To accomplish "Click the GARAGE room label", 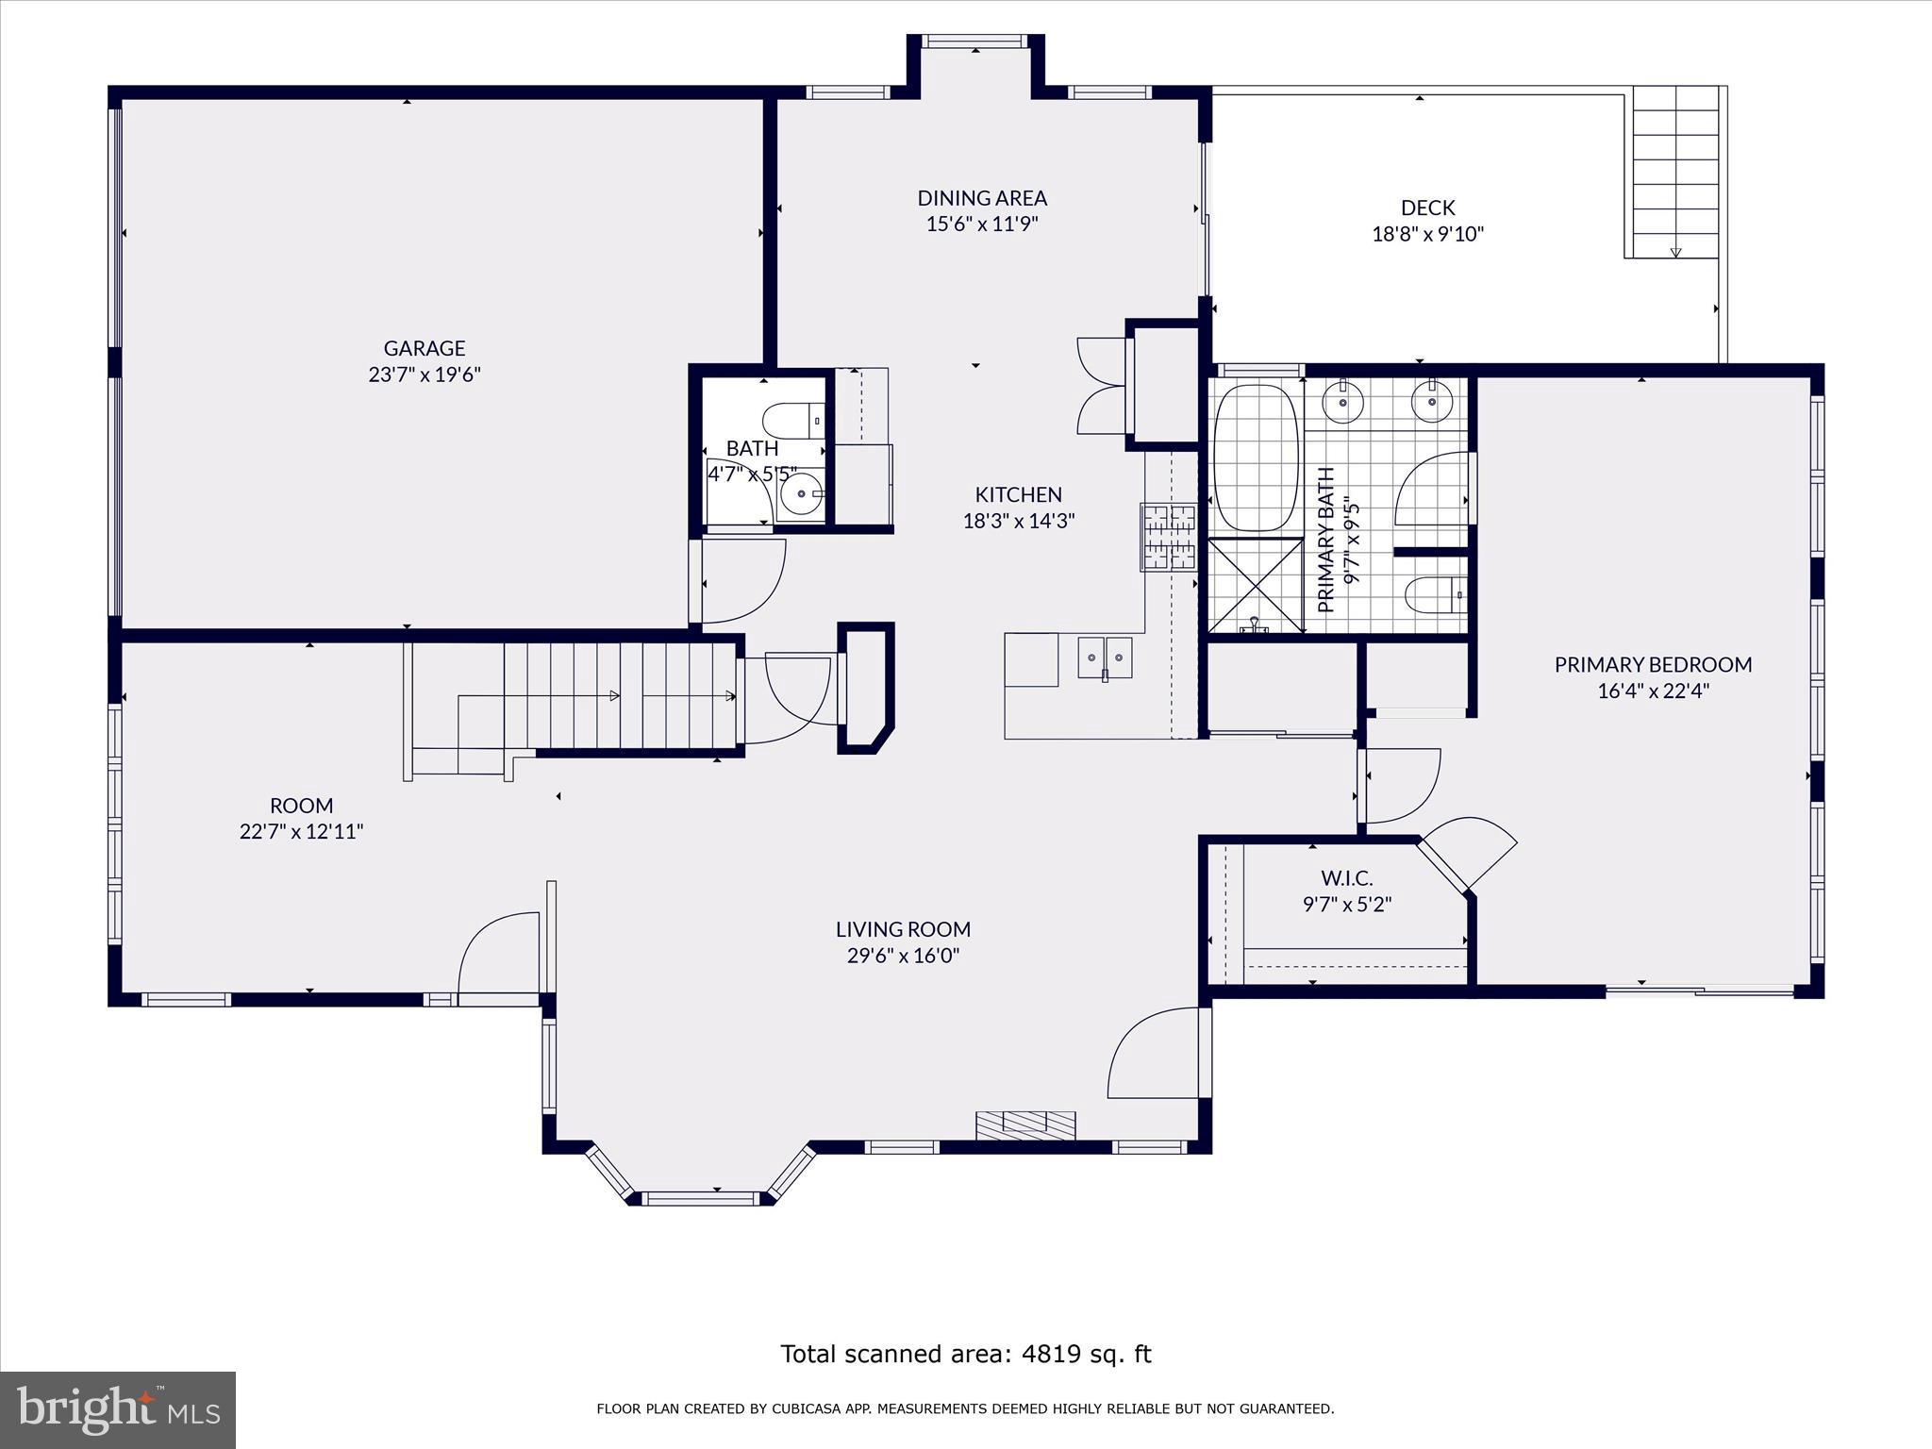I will point(425,348).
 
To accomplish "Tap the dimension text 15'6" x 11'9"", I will point(982,225).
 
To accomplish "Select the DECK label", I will point(1427,208).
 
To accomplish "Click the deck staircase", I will point(1674,175).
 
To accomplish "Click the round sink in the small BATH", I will point(802,493).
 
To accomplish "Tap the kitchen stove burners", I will point(1169,538).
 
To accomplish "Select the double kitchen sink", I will point(1105,658).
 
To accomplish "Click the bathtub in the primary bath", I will point(1254,458).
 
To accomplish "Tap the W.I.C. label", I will point(1346,879).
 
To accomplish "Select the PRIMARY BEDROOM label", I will point(1653,664).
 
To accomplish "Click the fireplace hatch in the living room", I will point(1025,1124).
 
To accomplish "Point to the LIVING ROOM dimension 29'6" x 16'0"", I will point(903,956).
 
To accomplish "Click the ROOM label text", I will point(301,806).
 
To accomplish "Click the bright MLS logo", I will point(118,1409).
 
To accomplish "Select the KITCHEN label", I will point(1018,494).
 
